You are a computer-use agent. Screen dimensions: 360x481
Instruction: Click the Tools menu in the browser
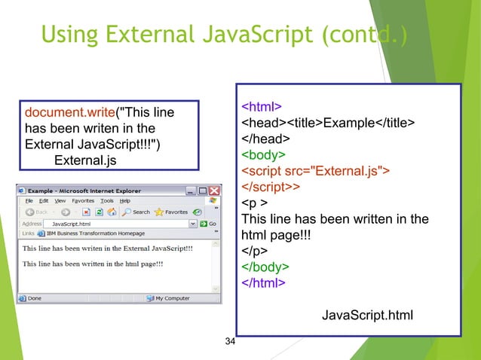click(107, 201)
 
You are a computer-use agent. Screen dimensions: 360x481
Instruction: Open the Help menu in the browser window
click(124, 201)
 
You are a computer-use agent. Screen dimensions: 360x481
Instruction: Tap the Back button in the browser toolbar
click(37, 212)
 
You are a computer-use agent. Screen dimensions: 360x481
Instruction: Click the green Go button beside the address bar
click(209, 224)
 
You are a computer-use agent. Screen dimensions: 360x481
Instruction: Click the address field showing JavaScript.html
click(113, 224)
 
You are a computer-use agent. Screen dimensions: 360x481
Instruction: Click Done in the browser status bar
click(34, 298)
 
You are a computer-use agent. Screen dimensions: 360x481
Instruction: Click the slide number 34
click(231, 343)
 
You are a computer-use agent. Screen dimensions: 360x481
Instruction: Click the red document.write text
click(69, 113)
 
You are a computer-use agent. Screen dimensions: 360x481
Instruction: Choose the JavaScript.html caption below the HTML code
click(367, 314)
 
